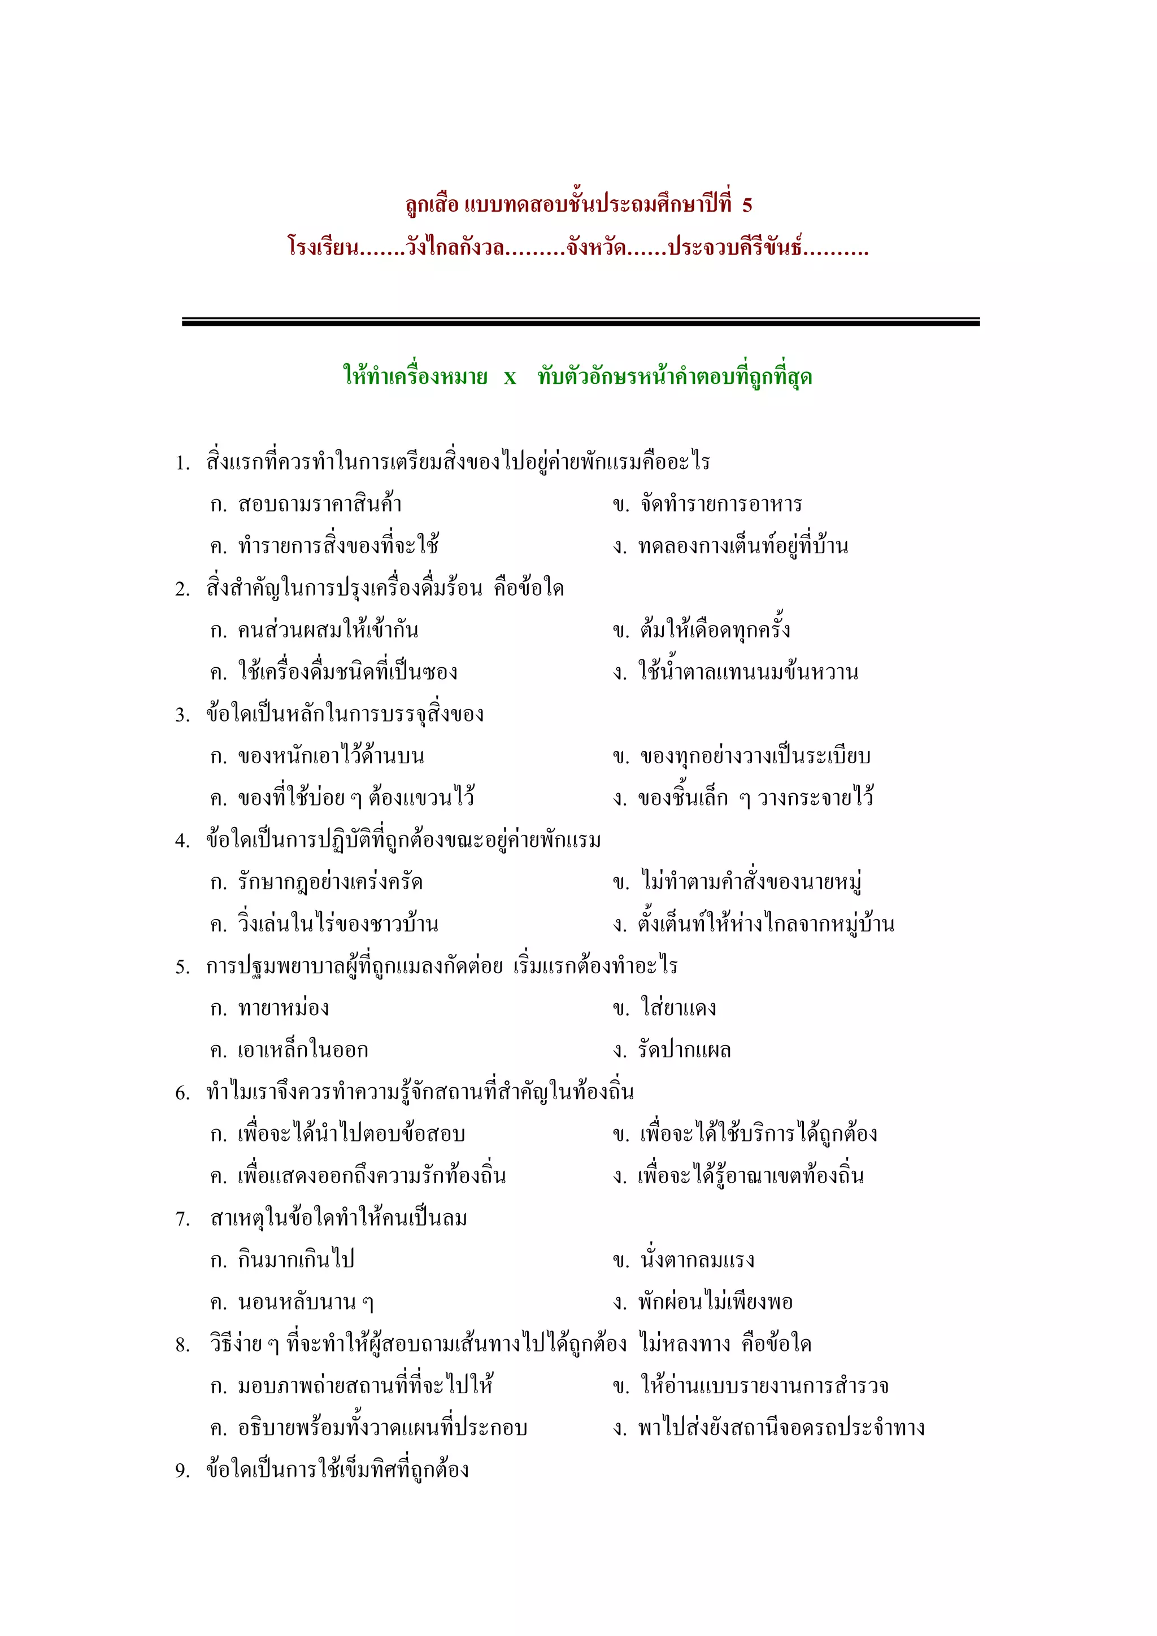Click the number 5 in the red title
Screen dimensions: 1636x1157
click(x=746, y=205)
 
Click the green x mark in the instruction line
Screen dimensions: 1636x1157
click(x=510, y=377)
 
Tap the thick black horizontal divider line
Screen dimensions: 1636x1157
click(x=580, y=322)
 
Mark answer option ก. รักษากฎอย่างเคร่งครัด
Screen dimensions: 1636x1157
click(x=316, y=882)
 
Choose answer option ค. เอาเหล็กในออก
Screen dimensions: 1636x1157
click(x=289, y=1050)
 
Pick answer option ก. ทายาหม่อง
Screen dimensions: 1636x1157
click(x=269, y=1008)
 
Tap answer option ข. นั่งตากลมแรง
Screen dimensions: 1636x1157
click(x=683, y=1260)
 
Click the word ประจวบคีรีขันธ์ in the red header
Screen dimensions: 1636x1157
click(x=734, y=248)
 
